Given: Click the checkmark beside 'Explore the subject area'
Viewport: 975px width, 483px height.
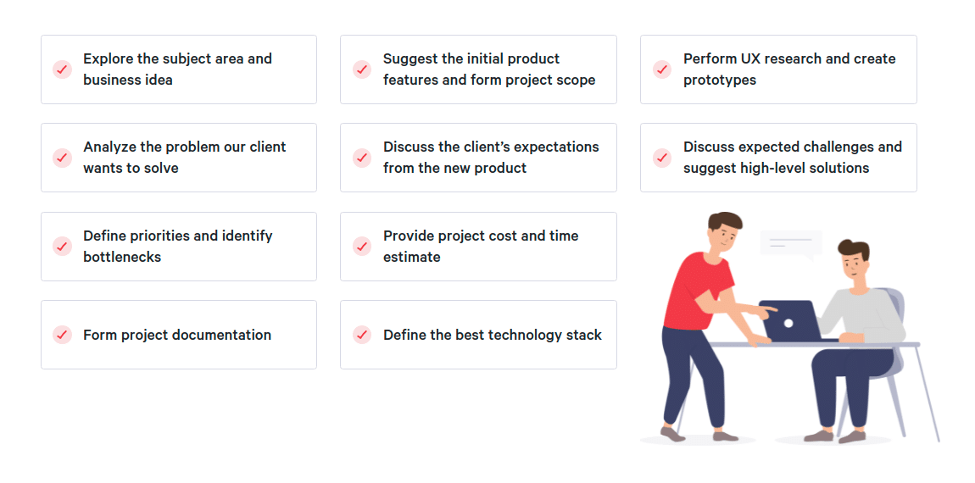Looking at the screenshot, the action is (x=62, y=69).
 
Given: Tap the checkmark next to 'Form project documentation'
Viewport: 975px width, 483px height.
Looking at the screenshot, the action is (x=62, y=335).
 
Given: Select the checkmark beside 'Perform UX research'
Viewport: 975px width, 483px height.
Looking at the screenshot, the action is (x=661, y=69).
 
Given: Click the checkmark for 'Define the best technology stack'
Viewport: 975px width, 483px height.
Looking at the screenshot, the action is (x=362, y=335).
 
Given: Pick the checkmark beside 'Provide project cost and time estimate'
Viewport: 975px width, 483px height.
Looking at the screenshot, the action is (x=362, y=247).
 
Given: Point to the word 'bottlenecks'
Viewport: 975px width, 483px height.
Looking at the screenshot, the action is (x=122, y=257).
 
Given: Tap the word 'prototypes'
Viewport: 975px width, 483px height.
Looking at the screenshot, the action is (x=720, y=80).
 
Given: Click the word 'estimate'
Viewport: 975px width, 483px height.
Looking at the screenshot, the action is (x=412, y=257).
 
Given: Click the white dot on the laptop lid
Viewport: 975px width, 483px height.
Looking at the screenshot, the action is (x=788, y=323).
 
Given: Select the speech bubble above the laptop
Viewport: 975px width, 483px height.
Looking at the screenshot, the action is (x=790, y=243).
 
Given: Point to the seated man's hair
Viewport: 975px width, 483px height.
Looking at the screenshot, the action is (x=855, y=248).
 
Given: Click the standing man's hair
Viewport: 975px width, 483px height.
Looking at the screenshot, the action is (x=724, y=221).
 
